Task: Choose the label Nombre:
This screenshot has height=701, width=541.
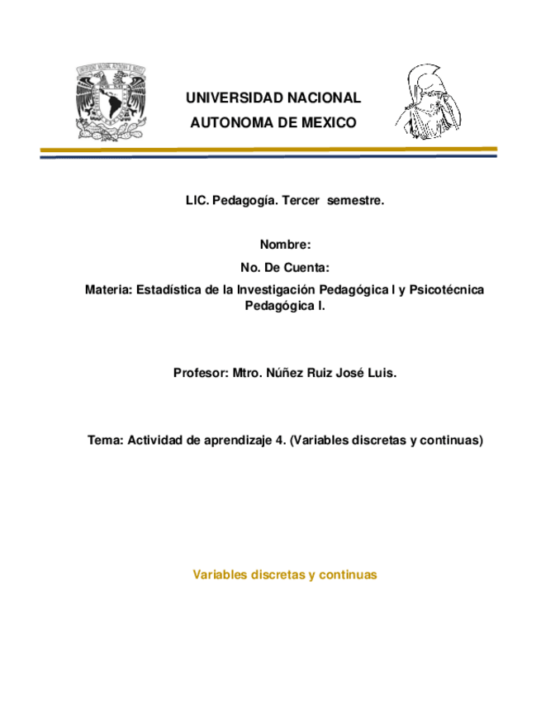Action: click(285, 245)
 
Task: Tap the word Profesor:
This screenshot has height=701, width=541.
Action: click(200, 374)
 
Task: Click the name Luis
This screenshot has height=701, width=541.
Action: click(381, 374)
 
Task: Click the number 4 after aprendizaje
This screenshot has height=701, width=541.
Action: click(278, 441)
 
